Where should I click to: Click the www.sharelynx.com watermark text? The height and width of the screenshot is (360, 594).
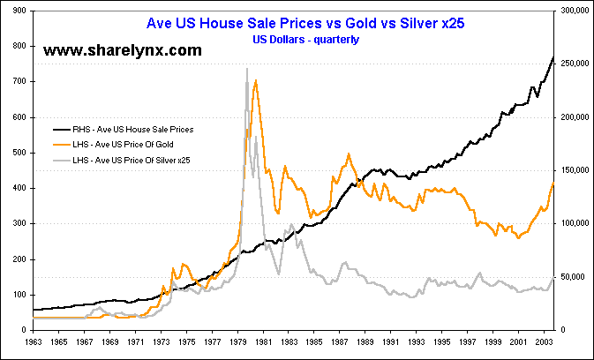tap(123, 51)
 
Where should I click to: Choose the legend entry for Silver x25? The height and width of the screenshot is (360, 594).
tap(138, 160)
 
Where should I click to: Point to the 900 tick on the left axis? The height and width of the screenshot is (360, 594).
tap(16, 11)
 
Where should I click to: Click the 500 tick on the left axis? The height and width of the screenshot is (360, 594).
tap(16, 153)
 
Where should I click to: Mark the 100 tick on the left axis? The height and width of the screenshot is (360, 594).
tap(16, 295)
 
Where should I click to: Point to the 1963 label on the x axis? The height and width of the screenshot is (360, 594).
tap(34, 341)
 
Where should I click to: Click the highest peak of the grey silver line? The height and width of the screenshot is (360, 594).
tap(246, 69)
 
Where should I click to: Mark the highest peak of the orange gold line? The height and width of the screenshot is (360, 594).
tap(255, 80)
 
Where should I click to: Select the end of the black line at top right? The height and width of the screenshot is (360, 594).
tap(553, 57)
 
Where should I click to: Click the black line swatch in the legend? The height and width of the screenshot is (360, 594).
tap(64, 129)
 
